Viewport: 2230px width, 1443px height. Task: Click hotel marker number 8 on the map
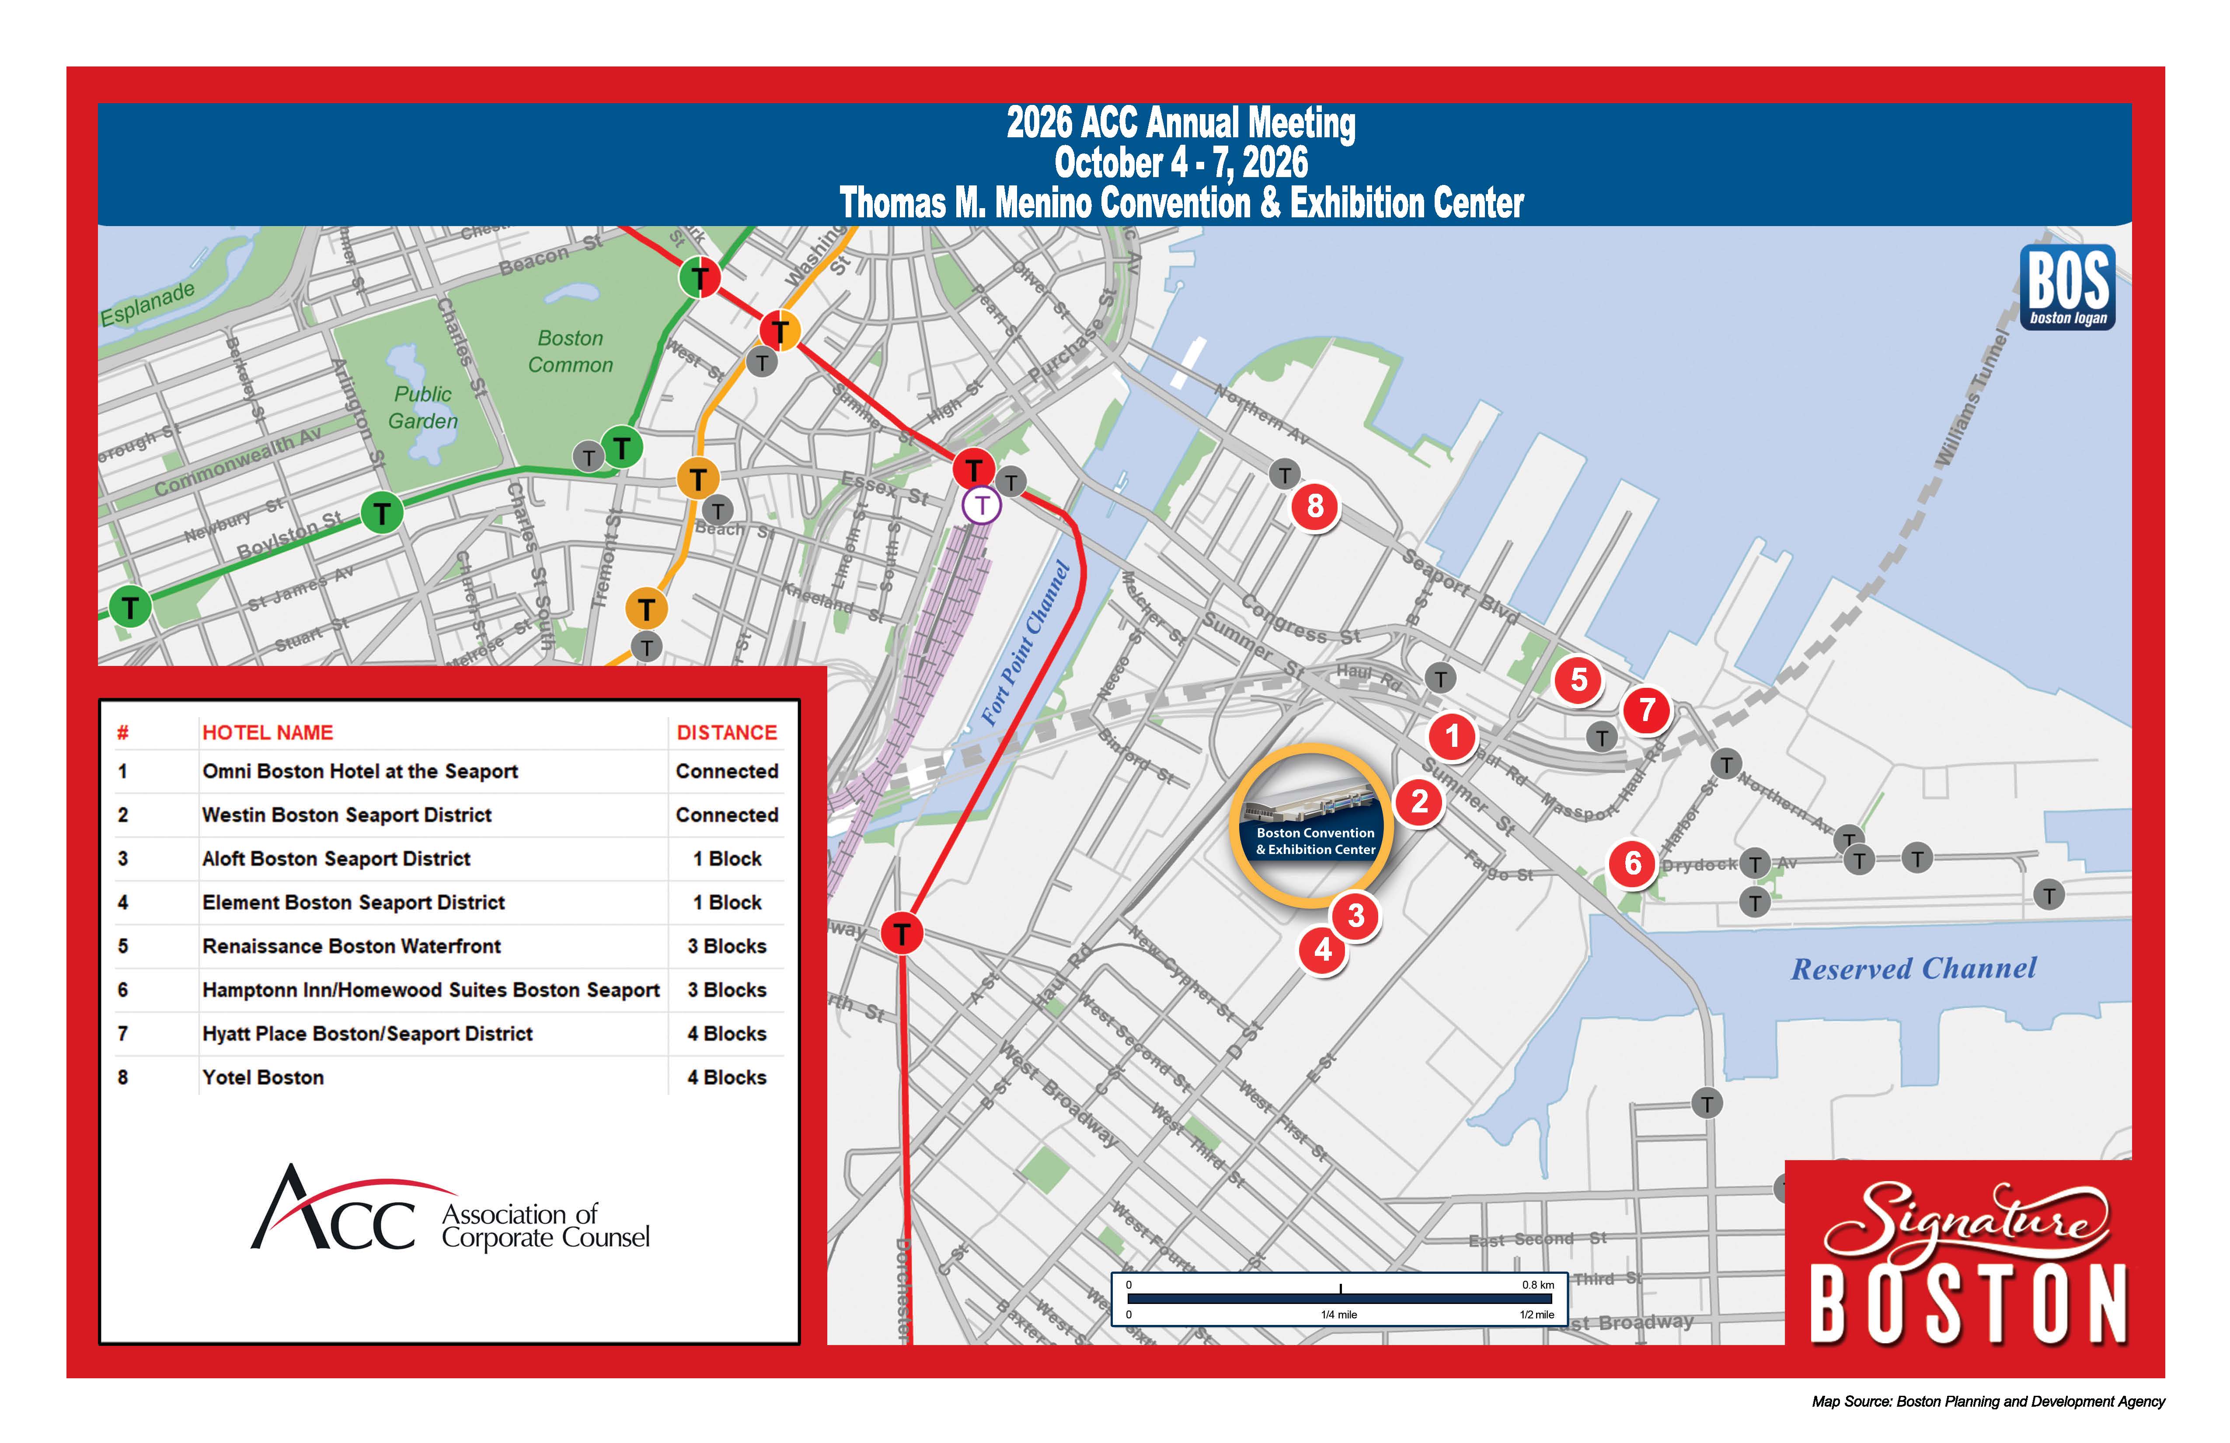pos(1314,507)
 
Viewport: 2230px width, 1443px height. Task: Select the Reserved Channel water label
pos(1913,969)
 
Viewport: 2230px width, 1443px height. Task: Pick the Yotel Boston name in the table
pos(263,1077)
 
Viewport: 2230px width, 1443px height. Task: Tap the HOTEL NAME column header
pos(268,733)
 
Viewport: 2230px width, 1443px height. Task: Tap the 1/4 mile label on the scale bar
pos(1339,1314)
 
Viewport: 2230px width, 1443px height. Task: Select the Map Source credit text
pos(1987,1402)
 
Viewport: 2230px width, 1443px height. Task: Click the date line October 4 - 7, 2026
pos(1181,163)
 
